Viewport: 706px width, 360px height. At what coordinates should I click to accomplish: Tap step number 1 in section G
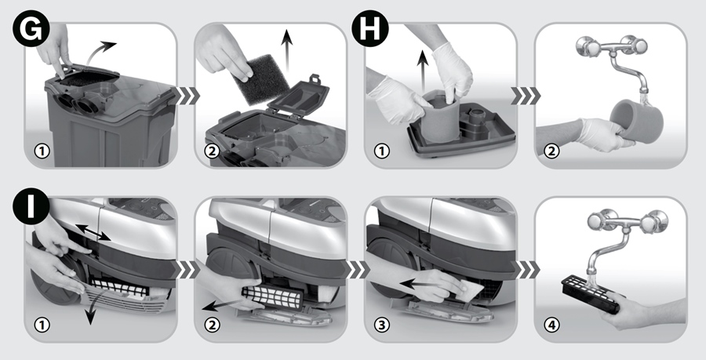tap(42, 151)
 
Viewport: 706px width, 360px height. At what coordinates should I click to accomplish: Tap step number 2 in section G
tap(212, 151)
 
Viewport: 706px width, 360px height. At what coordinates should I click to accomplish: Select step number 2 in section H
tap(551, 151)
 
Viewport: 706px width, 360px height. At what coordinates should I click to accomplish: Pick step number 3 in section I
tap(381, 325)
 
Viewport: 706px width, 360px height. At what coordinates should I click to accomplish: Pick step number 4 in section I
tap(551, 325)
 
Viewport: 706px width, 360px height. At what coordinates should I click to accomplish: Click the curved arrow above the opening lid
tap(100, 51)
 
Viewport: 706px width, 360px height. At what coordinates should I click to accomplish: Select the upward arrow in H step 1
tap(422, 71)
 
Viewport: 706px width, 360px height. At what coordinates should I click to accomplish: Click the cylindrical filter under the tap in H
tap(637, 121)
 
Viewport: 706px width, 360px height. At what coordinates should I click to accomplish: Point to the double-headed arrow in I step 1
tap(93, 232)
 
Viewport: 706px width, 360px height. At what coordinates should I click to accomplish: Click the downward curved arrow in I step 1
tap(92, 311)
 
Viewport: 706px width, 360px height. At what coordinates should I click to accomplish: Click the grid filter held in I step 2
tap(272, 297)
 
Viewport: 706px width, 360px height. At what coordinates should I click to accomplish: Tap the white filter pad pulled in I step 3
tap(468, 289)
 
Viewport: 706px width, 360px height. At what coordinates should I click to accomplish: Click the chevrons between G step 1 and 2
tap(187, 96)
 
